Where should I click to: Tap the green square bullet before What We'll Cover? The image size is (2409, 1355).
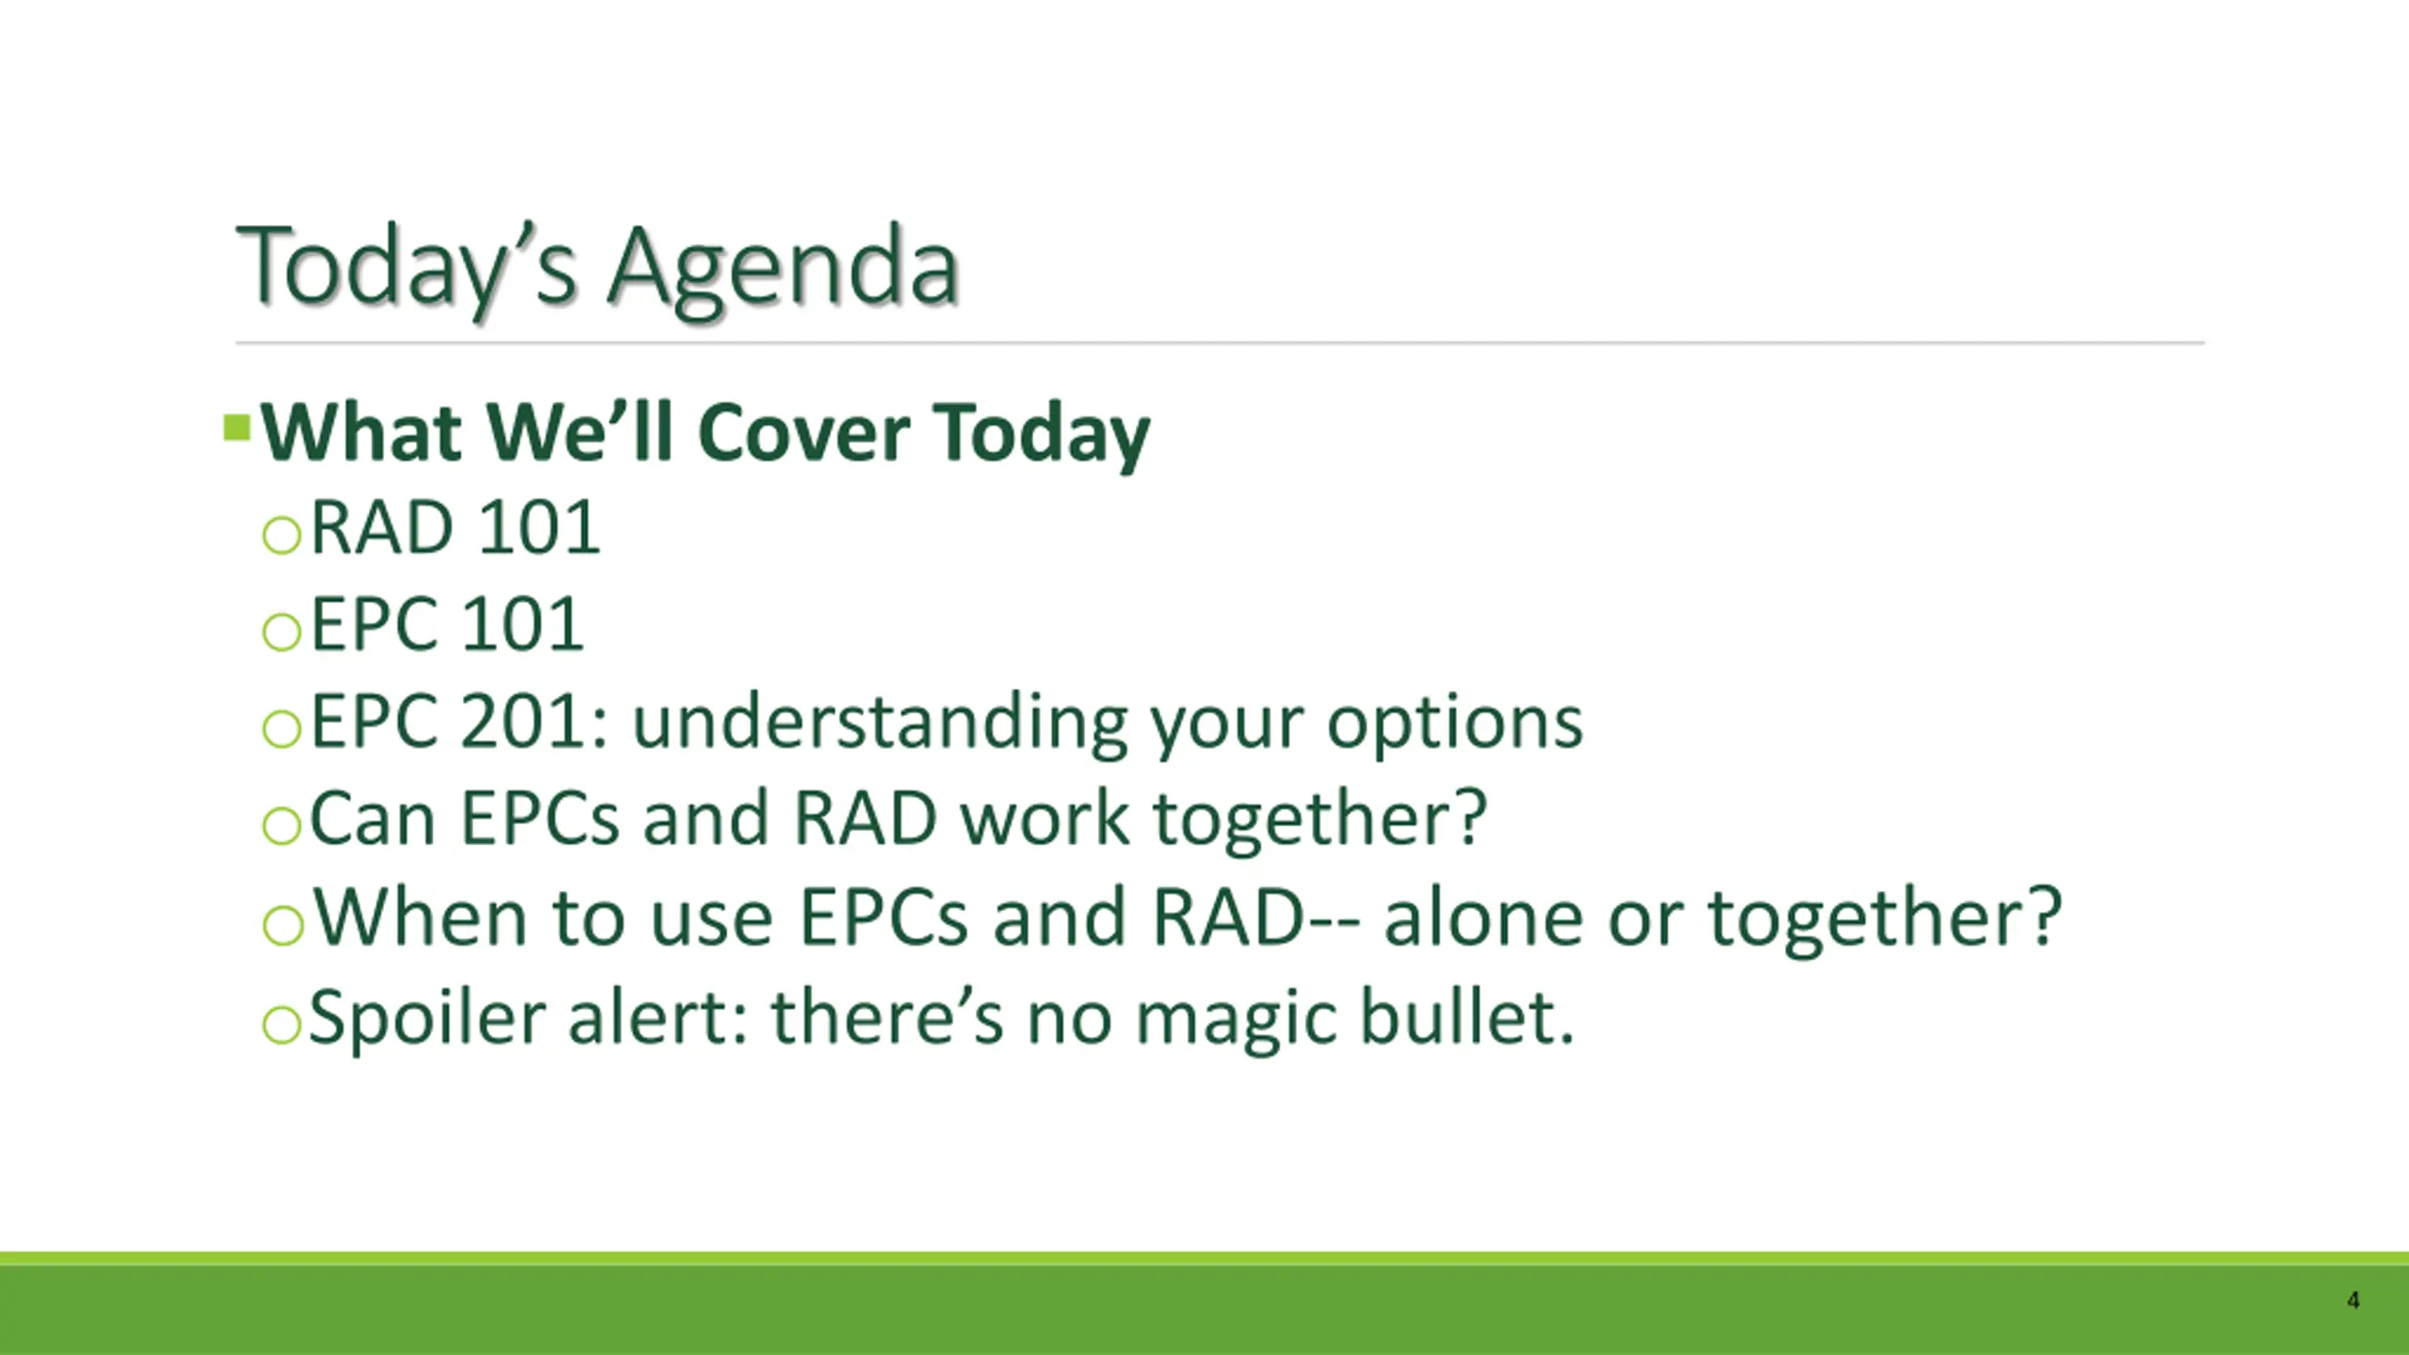[x=237, y=428]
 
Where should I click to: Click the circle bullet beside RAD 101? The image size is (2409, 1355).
[x=281, y=535]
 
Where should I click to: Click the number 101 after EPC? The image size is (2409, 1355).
[x=522, y=624]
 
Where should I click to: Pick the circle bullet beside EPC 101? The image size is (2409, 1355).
[x=281, y=631]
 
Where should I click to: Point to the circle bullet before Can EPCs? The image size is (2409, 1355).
[x=281, y=825]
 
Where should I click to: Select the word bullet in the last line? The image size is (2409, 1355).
[x=1467, y=1016]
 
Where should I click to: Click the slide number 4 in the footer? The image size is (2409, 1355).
[x=2353, y=1300]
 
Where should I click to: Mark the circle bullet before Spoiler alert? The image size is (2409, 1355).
[x=281, y=1024]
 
